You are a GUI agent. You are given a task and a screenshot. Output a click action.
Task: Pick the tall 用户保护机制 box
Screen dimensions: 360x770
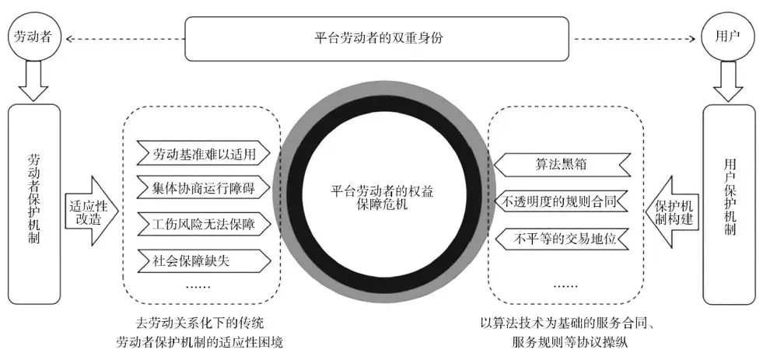(x=729, y=204)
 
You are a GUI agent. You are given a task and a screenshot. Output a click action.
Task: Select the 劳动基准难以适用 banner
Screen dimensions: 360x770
(x=205, y=152)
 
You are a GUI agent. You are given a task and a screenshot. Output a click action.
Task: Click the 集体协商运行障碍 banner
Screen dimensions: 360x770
(x=205, y=187)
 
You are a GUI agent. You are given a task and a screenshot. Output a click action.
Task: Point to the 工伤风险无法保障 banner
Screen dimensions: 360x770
(x=205, y=225)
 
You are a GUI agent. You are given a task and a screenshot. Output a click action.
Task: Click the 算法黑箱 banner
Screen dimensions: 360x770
(x=562, y=164)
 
